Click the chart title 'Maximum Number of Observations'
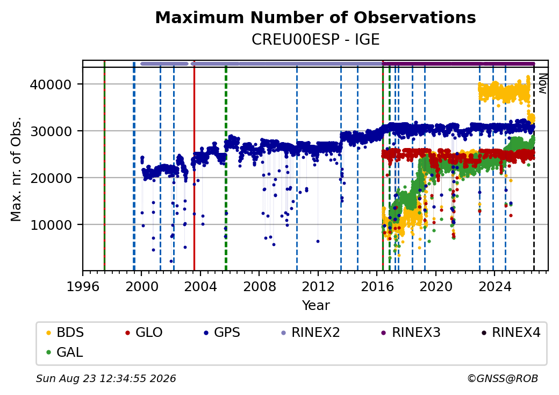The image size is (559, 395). point(316,17)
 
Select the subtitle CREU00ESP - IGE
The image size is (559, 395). point(316,40)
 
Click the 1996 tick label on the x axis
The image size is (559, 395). point(83,286)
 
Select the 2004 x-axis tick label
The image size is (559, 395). point(200,286)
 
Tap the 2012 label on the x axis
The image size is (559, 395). point(318,286)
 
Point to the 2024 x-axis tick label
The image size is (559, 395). point(494,286)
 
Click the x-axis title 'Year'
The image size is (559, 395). point(316,306)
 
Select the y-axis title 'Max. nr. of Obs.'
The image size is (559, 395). point(16,169)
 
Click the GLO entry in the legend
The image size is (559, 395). point(144,333)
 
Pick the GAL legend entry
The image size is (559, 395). point(65,352)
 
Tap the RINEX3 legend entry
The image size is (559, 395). point(411,333)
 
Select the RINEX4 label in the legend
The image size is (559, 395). point(511,333)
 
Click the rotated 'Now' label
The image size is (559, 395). point(542,83)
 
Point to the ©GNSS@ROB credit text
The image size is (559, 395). point(503,378)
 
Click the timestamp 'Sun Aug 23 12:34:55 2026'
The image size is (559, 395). point(106,378)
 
